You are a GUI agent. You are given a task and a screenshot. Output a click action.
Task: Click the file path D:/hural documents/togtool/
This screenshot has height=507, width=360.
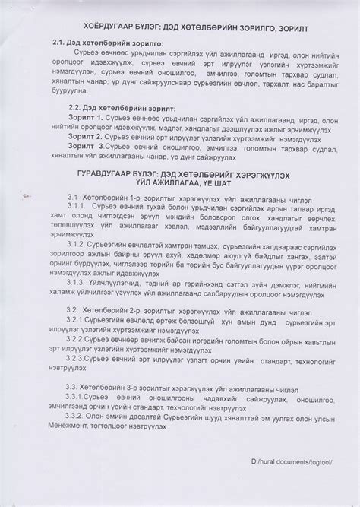284,482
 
